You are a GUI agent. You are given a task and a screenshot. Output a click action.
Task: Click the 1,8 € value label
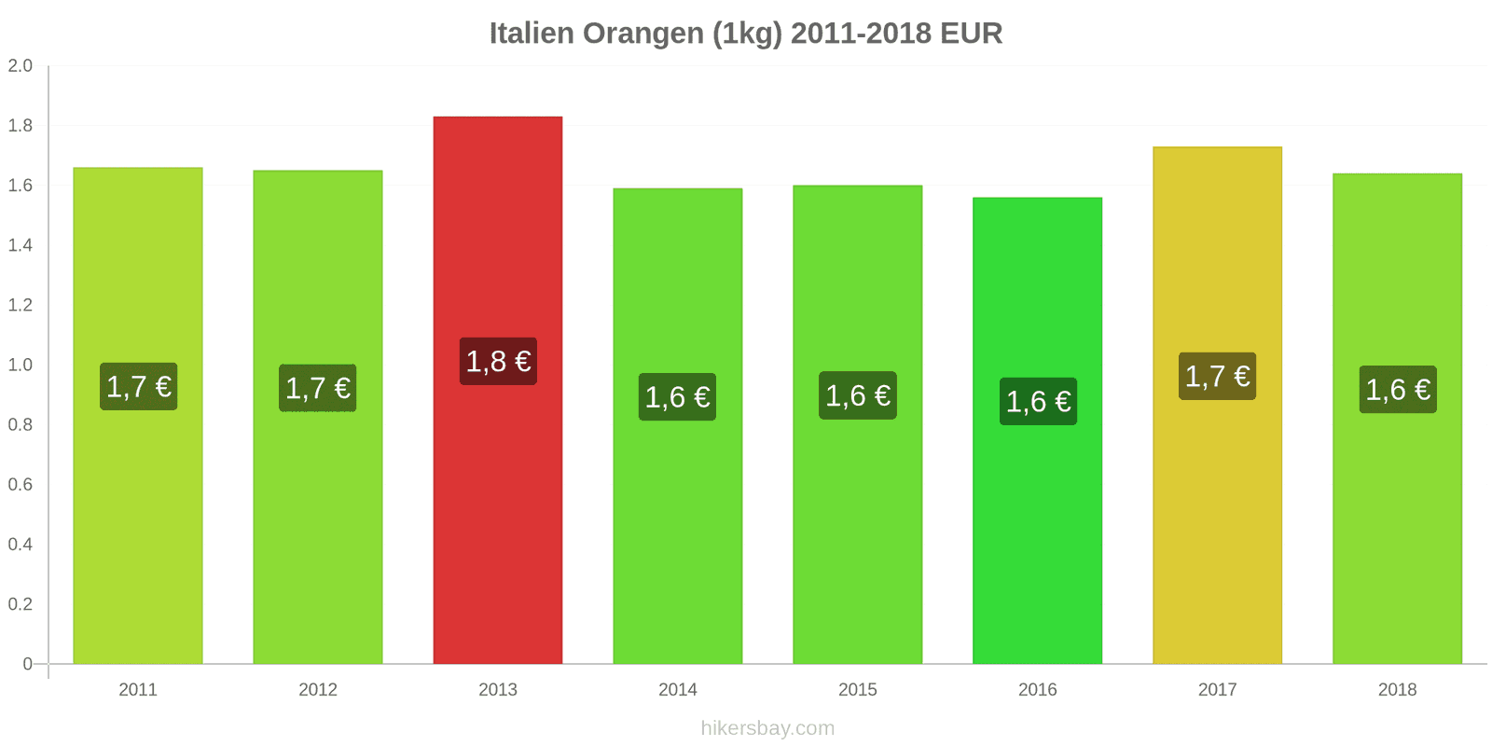498,361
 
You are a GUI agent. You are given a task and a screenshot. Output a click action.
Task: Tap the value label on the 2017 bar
1217,376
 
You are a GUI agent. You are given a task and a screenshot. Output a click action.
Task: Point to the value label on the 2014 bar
677,397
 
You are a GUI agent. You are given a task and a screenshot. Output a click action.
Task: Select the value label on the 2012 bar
318,388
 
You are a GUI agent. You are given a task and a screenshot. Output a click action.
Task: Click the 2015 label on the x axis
857,689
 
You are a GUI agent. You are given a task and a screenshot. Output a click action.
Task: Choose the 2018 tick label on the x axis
1397,689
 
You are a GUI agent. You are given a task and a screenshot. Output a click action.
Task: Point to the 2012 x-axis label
318,689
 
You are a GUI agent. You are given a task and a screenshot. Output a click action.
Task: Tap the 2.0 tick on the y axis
21,65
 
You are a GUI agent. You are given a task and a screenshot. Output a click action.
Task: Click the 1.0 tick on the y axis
21,365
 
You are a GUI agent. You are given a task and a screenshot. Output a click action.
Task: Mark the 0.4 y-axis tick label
21,544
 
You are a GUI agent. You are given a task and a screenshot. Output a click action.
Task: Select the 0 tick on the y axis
27,664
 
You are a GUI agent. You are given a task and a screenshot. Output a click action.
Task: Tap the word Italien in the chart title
532,34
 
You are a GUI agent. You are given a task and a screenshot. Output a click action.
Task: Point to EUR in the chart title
971,34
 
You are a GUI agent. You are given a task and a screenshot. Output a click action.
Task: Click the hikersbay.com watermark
767,727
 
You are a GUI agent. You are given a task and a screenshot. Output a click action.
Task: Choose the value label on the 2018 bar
1397,390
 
